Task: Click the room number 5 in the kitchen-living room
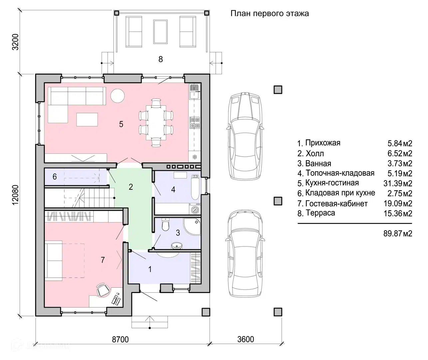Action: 121,124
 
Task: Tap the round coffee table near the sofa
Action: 117,96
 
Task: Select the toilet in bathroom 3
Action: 165,224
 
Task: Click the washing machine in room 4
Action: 195,209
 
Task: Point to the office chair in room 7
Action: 103,290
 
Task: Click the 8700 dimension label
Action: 120,339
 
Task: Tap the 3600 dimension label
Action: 245,339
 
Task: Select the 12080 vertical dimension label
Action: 15,195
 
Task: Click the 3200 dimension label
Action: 15,42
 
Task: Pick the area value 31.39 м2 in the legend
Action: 398,183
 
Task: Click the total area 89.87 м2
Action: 398,233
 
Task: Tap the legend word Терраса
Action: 320,213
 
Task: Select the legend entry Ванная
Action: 318,163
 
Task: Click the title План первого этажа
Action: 269,14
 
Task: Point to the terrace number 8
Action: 161,59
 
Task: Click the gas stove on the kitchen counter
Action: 195,123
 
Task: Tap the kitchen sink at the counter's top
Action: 195,91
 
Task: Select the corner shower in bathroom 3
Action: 192,226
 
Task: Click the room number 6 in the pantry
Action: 55,177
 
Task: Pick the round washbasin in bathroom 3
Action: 177,246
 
